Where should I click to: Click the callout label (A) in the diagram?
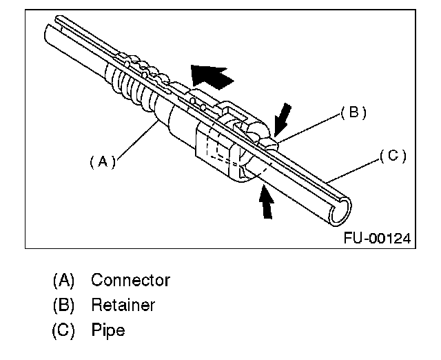[x=103, y=161]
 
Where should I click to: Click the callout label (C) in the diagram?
[x=393, y=156]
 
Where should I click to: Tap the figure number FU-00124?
[x=377, y=238]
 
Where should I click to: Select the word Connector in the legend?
[x=130, y=280]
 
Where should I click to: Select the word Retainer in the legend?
[x=123, y=305]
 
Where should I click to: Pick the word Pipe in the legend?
[x=108, y=330]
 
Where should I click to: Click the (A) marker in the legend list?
[x=63, y=281]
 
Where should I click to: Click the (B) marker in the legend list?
[x=63, y=306]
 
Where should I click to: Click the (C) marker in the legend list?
[x=63, y=330]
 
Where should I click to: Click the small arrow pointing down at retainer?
[x=281, y=117]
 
